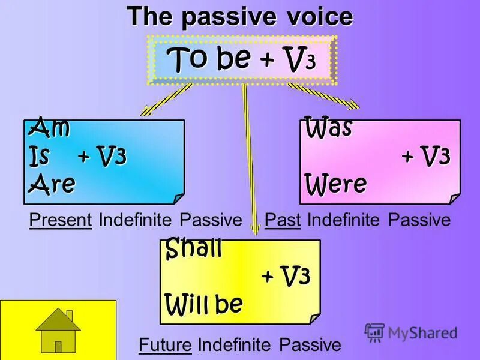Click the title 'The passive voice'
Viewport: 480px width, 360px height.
point(239,17)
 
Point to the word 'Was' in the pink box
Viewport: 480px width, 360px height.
point(328,127)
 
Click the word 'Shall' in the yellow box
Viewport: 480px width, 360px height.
point(193,248)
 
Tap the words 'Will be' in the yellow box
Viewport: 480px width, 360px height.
point(204,304)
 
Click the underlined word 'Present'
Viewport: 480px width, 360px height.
point(60,220)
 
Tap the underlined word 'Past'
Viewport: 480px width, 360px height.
point(282,220)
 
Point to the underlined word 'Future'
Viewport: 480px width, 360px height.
point(165,345)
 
